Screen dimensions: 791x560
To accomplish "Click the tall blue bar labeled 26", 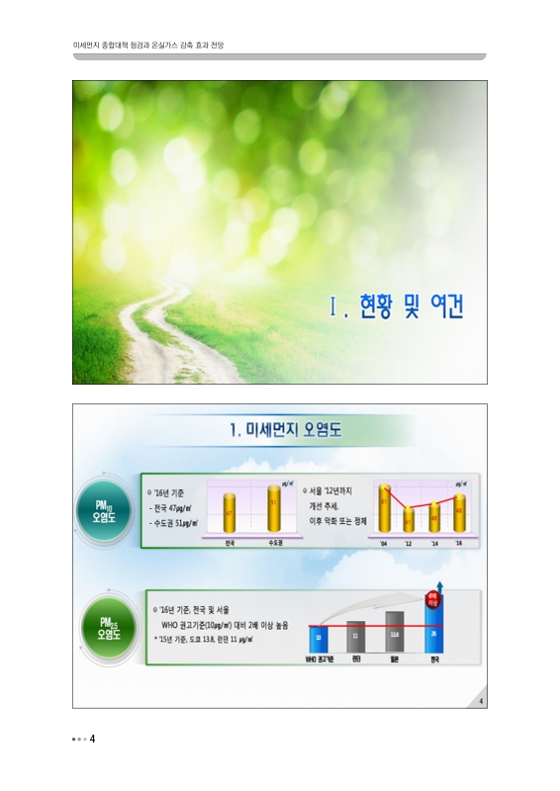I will [x=433, y=628].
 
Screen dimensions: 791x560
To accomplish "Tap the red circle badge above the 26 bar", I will [x=432, y=597].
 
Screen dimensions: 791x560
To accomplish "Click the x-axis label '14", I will [x=433, y=544].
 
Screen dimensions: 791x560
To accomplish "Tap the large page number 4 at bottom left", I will [x=92, y=739].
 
